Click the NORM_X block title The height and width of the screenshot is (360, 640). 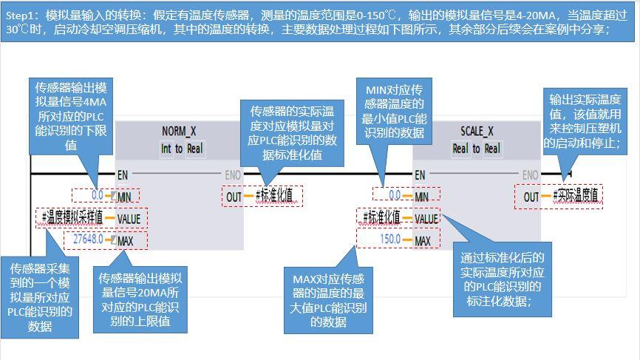pyautogui.click(x=179, y=132)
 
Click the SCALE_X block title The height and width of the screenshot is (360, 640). pyautogui.click(x=476, y=132)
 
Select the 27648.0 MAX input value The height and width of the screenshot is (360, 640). pyautogui.click(x=87, y=240)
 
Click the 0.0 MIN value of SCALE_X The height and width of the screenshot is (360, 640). pyautogui.click(x=394, y=196)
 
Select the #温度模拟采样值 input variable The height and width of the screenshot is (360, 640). pyautogui.click(x=71, y=218)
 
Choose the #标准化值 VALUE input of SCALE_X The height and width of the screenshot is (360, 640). pyautogui.click(x=381, y=218)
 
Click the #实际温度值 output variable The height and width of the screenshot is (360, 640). pyautogui.click(x=579, y=196)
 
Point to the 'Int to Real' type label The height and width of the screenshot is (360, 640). pyautogui.click(x=179, y=149)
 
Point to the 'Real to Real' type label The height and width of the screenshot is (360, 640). pyautogui.click(x=476, y=149)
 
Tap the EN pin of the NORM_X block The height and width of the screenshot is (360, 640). pyautogui.click(x=123, y=175)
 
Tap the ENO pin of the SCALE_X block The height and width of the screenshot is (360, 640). pyautogui.click(x=530, y=175)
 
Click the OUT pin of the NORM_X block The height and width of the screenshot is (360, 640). pyautogui.click(x=234, y=196)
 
